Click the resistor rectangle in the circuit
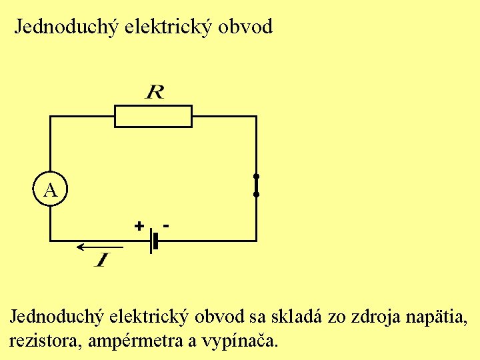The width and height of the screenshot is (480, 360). click(153, 116)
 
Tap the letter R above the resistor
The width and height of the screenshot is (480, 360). click(154, 91)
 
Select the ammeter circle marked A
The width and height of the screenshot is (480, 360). click(50, 190)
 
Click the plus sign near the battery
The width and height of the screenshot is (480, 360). click(139, 225)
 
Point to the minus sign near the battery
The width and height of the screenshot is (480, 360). click(165, 225)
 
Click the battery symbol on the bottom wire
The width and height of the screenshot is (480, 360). click(154, 240)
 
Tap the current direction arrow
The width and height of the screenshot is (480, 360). click(93, 247)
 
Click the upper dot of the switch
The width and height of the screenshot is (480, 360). click(256, 177)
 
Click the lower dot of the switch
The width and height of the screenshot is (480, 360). click(256, 195)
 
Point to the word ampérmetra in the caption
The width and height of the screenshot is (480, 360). click(131, 342)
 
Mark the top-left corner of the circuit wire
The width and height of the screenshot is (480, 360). click(50, 116)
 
